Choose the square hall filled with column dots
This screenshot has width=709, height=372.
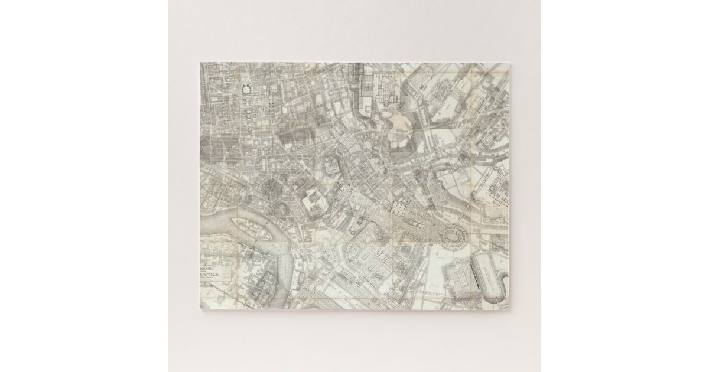coord(397,208)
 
